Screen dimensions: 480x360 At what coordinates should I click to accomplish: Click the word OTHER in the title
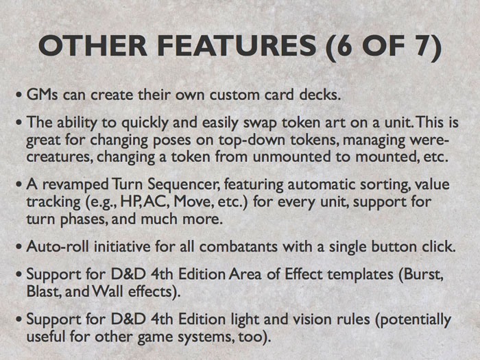[x=93, y=46]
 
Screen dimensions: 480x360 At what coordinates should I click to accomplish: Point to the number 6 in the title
[x=344, y=46]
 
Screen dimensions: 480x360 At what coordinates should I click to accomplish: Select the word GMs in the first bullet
[x=42, y=95]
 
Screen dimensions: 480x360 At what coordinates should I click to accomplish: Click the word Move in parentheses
[x=193, y=202]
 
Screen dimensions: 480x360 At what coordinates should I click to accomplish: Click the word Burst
[x=424, y=274]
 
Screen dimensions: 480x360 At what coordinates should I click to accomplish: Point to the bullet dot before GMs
[x=19, y=95]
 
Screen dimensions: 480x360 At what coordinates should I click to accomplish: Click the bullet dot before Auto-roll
[x=19, y=247]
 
